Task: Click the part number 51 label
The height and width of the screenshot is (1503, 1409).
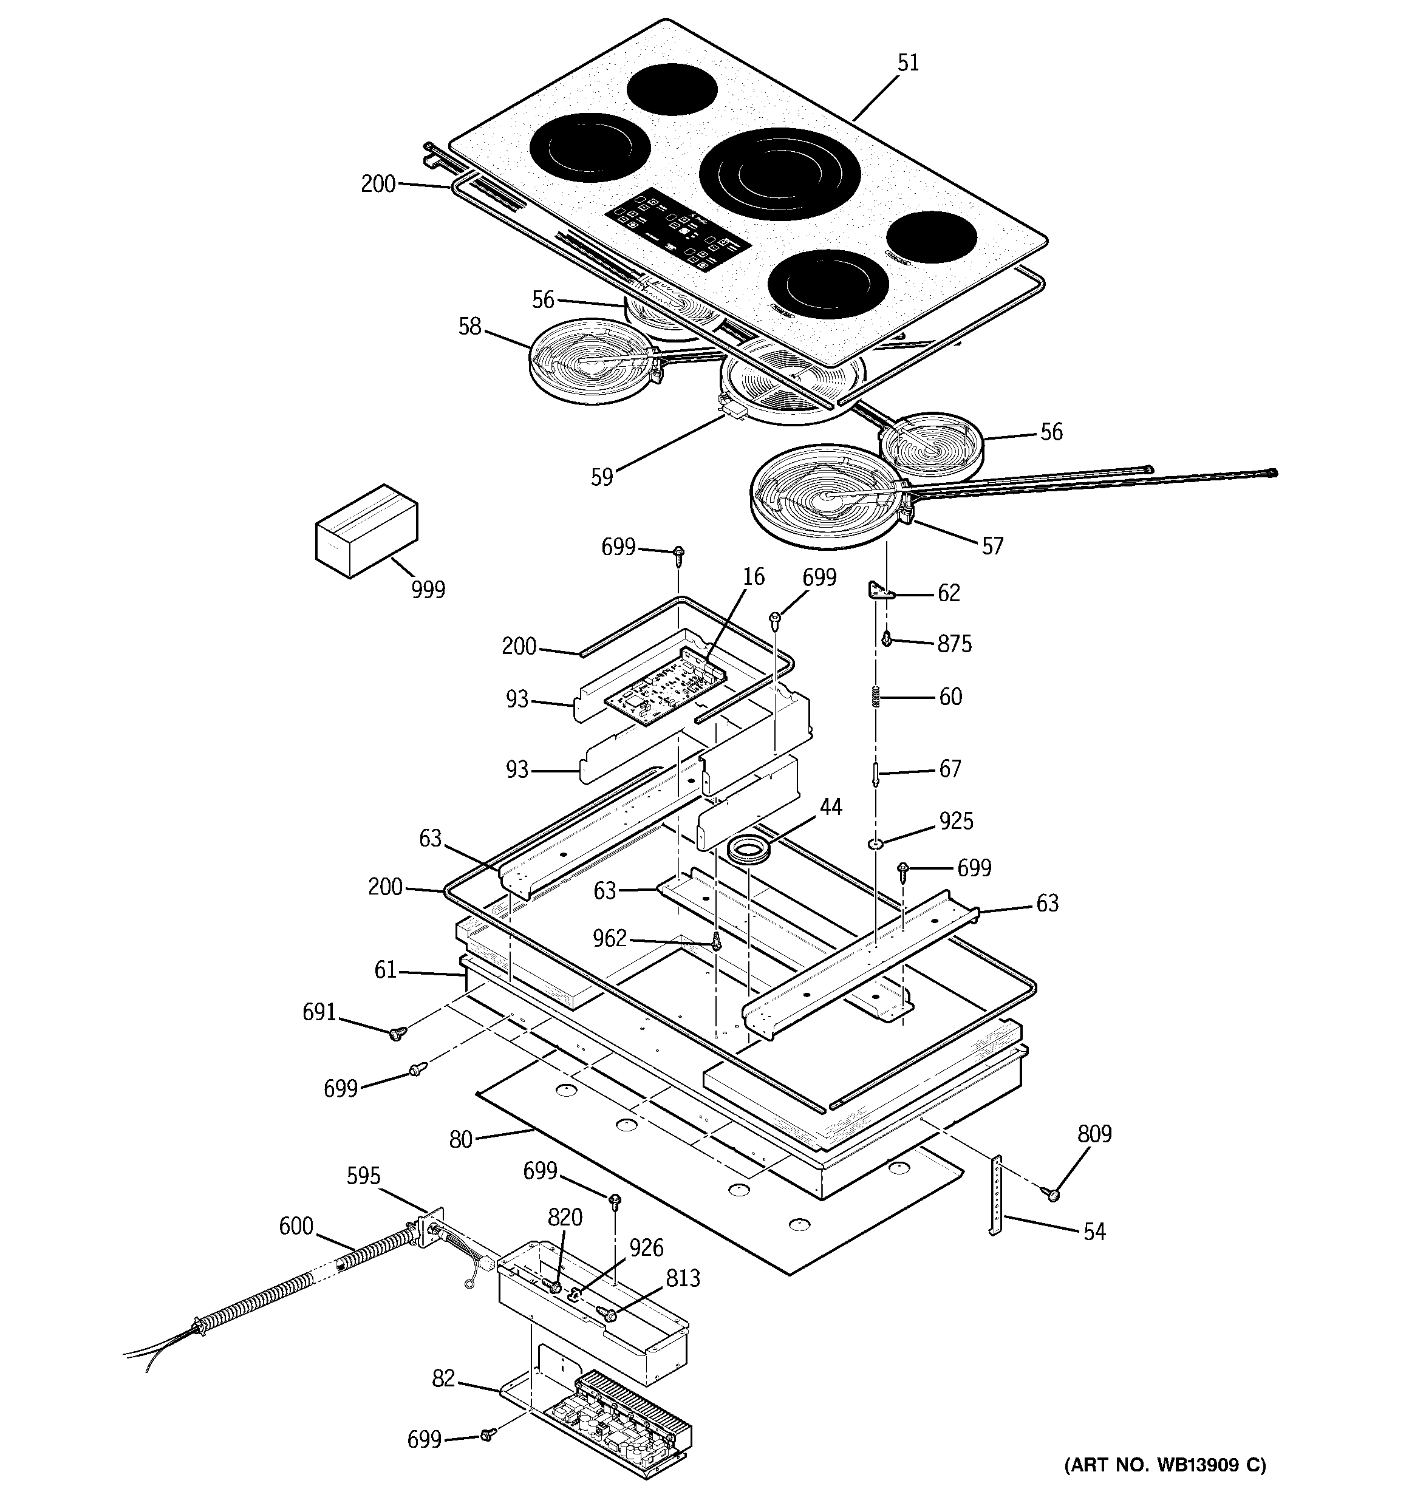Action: coord(909,63)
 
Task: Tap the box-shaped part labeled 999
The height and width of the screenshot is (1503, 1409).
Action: coord(367,531)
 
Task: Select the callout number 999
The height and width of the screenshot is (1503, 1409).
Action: coord(428,590)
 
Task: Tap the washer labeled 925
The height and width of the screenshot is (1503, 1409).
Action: coord(876,843)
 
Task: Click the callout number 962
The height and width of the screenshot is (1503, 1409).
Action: coord(610,938)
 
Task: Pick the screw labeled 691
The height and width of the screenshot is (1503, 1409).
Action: coord(397,1033)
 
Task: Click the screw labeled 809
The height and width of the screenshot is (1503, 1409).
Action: coord(1051,1194)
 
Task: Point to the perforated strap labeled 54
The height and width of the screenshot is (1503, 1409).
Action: coord(996,1195)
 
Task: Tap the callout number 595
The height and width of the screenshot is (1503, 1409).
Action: coord(364,1176)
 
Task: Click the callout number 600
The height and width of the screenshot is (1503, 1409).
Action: coord(296,1226)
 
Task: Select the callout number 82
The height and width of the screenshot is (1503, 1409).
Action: coord(444,1379)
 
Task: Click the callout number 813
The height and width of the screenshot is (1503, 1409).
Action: coord(683,1278)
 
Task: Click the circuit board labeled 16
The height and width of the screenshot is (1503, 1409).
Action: coord(665,684)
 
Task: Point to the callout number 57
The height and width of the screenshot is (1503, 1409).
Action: coord(992,546)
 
